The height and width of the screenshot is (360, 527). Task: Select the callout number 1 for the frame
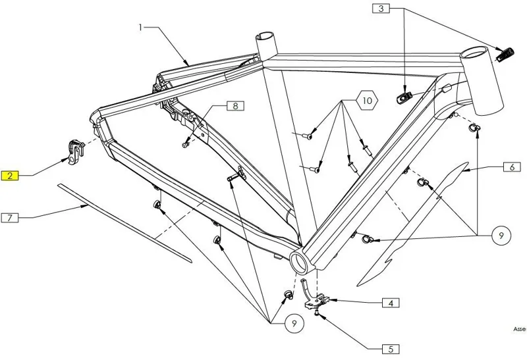tap(140, 28)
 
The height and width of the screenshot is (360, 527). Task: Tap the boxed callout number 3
tap(381, 9)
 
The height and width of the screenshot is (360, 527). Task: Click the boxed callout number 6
tap(511, 167)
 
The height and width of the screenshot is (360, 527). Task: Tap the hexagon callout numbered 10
tap(368, 101)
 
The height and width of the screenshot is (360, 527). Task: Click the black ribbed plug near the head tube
tap(505, 53)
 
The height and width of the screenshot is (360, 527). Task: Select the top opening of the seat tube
tap(267, 36)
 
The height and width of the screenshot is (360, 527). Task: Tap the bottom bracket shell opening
tap(300, 262)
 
